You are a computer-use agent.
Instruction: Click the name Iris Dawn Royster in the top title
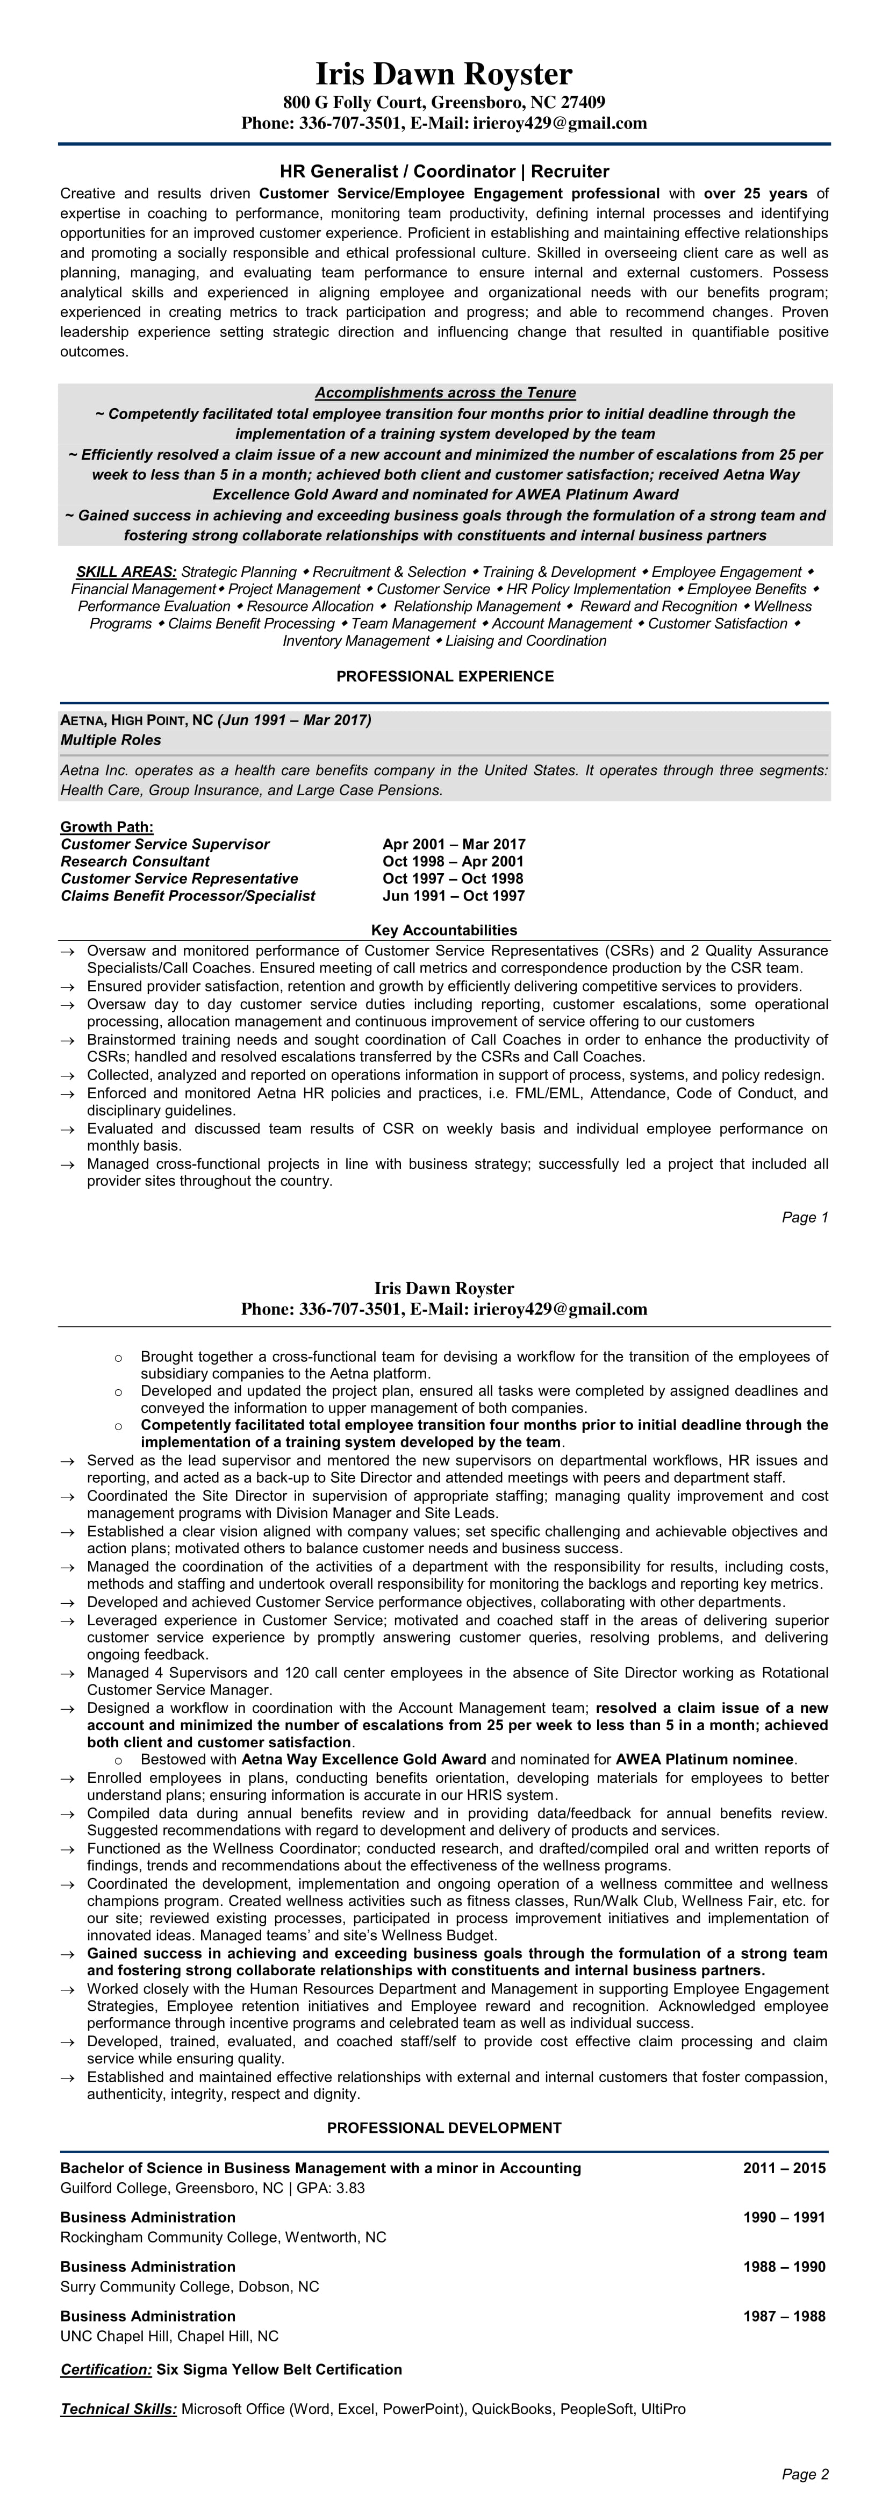click(x=444, y=74)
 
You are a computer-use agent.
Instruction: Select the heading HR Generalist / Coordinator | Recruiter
click(x=444, y=172)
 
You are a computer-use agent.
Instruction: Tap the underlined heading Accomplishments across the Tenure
click(x=445, y=392)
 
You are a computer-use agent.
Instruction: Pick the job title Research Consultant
click(x=135, y=862)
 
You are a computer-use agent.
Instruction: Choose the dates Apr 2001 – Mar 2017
click(x=454, y=844)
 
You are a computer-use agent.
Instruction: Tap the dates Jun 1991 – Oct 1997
click(x=454, y=896)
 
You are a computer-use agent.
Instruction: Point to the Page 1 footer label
click(x=805, y=1217)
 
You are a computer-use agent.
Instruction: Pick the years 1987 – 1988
click(x=784, y=2316)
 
